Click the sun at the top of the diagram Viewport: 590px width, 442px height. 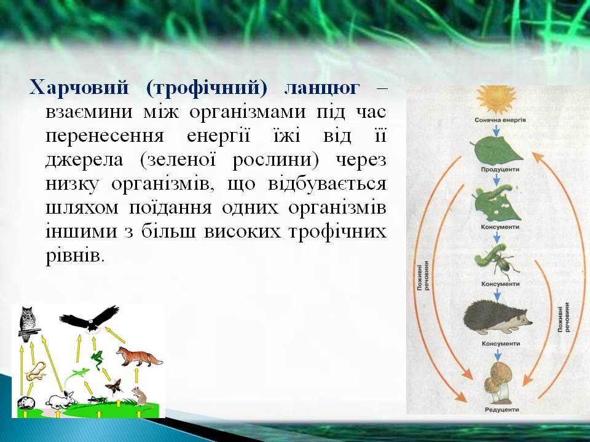point(496,99)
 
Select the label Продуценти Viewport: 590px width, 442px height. point(500,169)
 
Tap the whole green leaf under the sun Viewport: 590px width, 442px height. point(497,150)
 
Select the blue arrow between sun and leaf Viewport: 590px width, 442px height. point(497,130)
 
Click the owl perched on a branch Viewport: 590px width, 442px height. point(28,324)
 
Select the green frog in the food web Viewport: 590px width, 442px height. point(97,359)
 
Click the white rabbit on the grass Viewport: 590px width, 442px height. point(61,400)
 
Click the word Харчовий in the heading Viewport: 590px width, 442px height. point(79,88)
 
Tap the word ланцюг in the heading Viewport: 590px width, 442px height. point(321,88)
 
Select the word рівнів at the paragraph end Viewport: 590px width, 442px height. point(74,257)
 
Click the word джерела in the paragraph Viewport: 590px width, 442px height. point(84,160)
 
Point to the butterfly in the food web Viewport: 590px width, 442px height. point(114,386)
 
